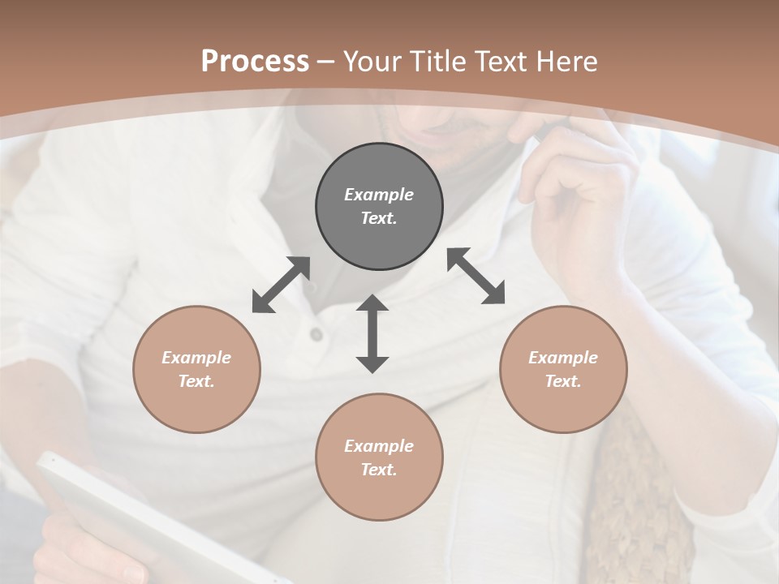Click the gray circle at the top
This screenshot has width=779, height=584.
click(379, 207)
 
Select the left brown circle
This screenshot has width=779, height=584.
click(196, 369)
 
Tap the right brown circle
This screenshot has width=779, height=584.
click(563, 369)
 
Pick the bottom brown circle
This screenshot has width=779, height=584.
click(379, 457)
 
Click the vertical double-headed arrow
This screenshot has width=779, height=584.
click(372, 333)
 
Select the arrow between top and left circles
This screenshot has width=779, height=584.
click(281, 285)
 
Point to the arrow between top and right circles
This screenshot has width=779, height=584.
click(476, 276)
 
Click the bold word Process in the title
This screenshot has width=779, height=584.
click(255, 61)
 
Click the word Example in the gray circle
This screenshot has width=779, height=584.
click(379, 195)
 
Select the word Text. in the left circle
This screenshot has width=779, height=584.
click(196, 381)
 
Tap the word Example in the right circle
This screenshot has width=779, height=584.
click(563, 358)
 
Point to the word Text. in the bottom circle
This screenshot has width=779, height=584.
click(379, 470)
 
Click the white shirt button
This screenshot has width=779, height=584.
click(316, 333)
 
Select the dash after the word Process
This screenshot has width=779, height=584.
click(326, 62)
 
